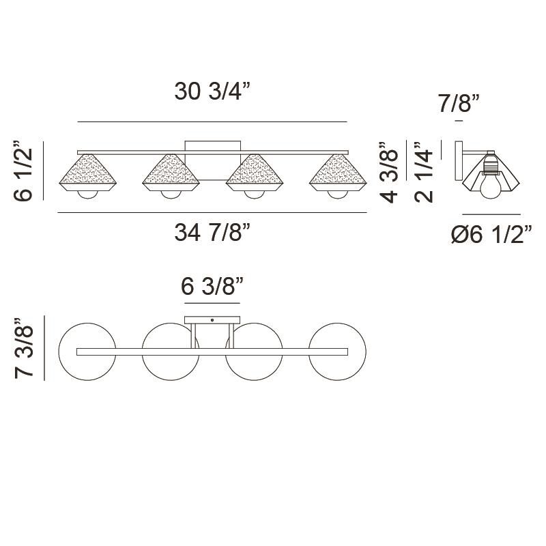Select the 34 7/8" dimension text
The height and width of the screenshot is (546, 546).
[x=213, y=233]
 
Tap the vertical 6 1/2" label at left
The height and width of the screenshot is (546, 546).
[x=23, y=171]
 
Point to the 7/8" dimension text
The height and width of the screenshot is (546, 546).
[x=459, y=104]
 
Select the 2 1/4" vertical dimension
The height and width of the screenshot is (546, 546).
[x=424, y=172]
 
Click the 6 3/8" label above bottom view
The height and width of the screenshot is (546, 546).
[x=212, y=287]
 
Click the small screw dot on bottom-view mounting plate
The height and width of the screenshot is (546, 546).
[x=212, y=319]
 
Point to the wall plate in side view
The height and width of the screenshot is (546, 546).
[x=459, y=160]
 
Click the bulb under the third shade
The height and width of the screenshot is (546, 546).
[x=254, y=194]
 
